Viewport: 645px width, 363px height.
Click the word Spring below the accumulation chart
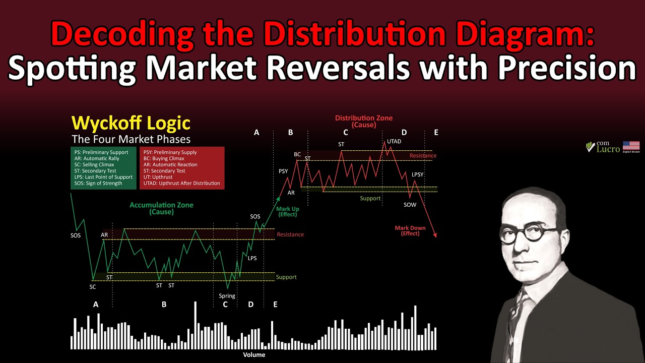[227, 296]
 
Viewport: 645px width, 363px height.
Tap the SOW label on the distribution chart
[410, 205]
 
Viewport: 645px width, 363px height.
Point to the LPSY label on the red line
[418, 174]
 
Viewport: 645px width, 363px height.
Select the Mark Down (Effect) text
[410, 230]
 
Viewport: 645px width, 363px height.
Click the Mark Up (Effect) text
[287, 212]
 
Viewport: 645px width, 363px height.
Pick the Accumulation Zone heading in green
[161, 208]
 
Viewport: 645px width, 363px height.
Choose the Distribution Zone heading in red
[364, 121]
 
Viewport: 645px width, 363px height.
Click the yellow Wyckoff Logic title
[131, 123]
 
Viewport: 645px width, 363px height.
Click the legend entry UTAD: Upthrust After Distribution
[181, 184]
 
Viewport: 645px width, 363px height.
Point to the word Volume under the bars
[254, 354]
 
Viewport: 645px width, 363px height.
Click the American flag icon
[631, 146]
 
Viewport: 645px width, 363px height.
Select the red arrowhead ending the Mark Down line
[434, 235]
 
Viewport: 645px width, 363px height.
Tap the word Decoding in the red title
[121, 34]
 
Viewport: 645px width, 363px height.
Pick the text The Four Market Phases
[131, 139]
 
